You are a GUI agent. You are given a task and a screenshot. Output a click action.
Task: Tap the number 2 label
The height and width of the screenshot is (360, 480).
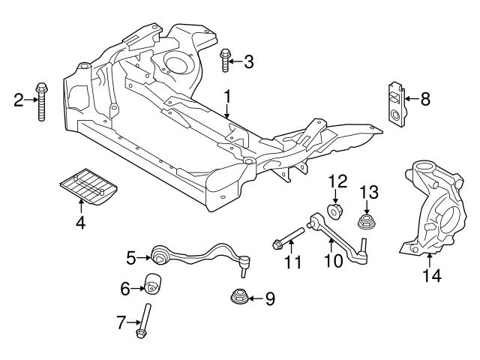tap(19, 98)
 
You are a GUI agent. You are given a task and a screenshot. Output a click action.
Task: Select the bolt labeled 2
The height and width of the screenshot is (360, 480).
tap(40, 100)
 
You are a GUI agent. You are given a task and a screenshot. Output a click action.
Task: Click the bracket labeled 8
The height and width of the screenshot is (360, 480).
tap(394, 101)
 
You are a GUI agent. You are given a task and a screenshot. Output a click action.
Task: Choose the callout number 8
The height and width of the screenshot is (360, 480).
tap(425, 97)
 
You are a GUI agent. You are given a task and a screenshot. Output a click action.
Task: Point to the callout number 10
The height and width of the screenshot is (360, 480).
tap(331, 261)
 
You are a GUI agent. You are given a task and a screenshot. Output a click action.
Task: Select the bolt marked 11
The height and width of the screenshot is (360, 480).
tap(289, 241)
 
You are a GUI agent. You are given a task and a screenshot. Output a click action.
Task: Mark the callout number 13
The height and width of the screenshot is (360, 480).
tap(368, 193)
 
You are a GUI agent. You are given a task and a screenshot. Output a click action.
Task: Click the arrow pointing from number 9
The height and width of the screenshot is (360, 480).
tap(255, 298)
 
